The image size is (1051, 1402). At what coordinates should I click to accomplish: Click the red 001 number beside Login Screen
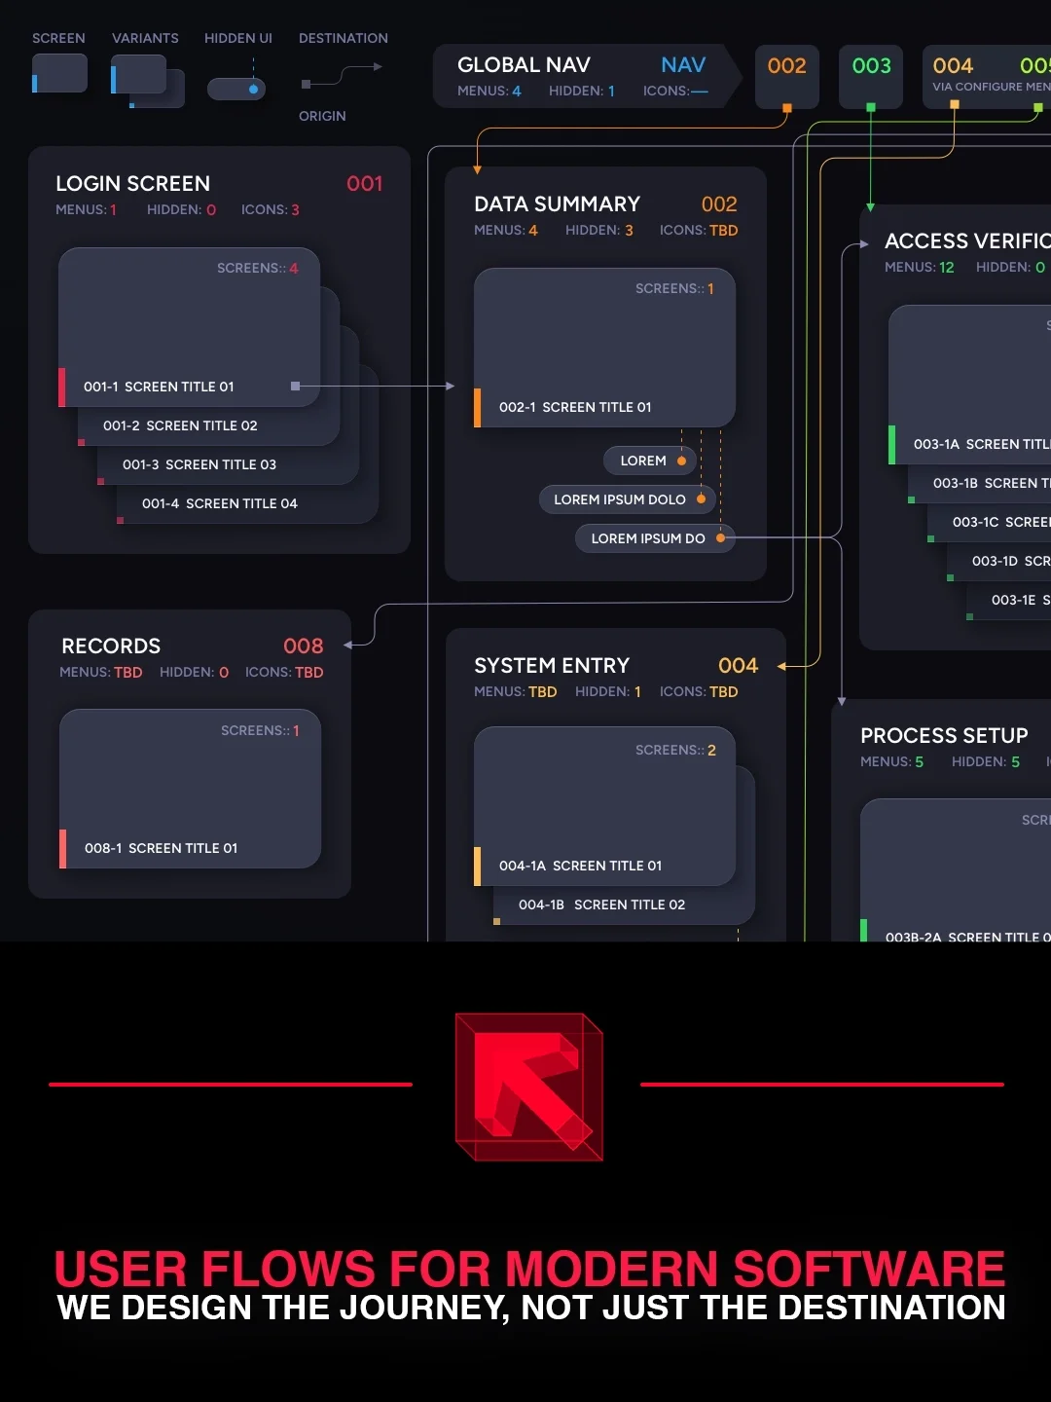365,184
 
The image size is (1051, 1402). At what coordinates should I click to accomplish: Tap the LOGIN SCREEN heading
132,184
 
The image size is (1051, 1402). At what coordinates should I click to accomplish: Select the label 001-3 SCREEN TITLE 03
199,464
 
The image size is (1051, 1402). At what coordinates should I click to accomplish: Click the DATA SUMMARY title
557,204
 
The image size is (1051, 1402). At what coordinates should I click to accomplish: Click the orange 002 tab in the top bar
786,66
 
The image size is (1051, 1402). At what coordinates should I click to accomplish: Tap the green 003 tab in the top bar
871,66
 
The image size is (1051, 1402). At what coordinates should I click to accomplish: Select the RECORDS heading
111,646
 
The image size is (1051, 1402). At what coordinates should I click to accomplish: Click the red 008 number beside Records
303,646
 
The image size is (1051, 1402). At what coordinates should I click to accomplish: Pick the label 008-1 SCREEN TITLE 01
162,848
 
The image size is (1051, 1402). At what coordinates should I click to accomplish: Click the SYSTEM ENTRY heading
552,666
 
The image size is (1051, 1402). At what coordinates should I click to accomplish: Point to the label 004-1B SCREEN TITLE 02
601,904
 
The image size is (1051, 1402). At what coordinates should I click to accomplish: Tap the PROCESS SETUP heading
944,736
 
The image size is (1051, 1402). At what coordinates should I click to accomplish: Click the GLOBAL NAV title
524,65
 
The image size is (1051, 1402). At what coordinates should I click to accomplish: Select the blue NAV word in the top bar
683,65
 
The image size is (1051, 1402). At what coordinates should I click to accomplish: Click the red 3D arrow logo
529,1087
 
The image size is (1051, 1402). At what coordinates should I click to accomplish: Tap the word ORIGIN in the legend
322,116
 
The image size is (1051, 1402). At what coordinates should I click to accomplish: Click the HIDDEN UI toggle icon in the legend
236,89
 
